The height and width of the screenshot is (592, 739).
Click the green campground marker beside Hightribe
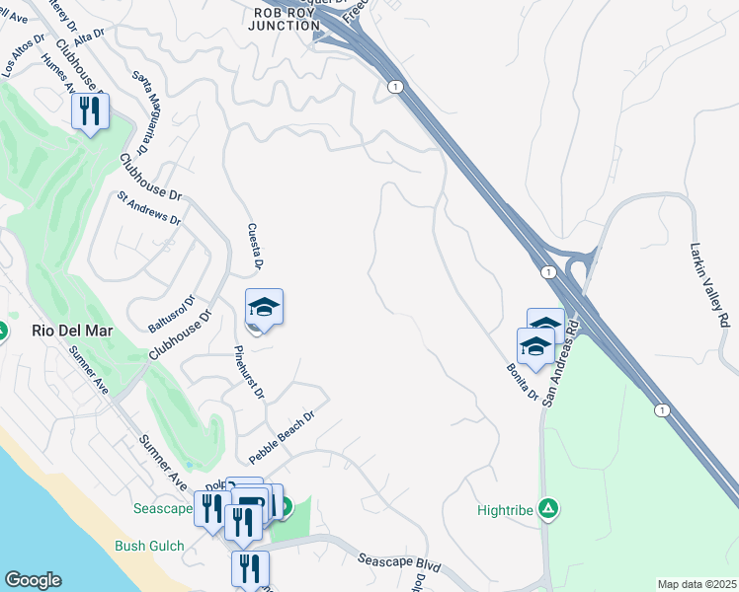(549, 509)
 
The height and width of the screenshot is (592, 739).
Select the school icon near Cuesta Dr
(264, 309)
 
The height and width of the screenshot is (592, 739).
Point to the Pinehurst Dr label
(250, 372)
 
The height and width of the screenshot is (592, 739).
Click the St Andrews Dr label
(148, 207)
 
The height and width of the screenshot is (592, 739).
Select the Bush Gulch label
(144, 546)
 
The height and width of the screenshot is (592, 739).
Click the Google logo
(33, 580)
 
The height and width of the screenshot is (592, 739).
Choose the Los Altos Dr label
(24, 55)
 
